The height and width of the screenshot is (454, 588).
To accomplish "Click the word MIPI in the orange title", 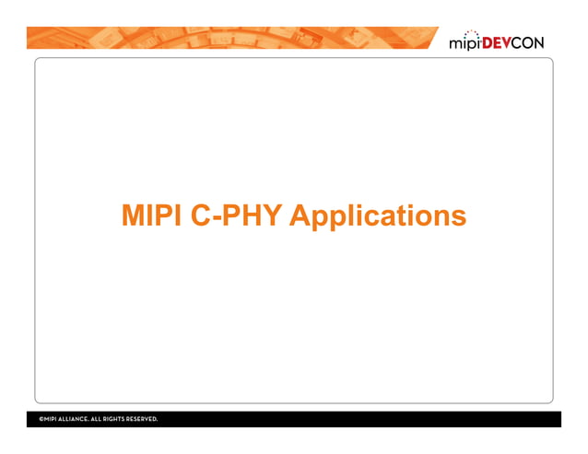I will (x=148, y=216).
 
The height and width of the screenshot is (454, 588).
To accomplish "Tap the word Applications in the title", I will (x=377, y=217).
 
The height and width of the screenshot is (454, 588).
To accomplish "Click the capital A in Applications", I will (x=300, y=216).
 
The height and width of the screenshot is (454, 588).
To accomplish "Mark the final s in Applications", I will (x=458, y=219).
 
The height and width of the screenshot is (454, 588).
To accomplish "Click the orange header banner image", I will (x=230, y=38).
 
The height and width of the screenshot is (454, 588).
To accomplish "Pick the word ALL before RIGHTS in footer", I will (x=100, y=419).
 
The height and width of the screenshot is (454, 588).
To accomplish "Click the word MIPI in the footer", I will (x=53, y=419).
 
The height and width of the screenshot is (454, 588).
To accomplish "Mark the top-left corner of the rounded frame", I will (x=38, y=61).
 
